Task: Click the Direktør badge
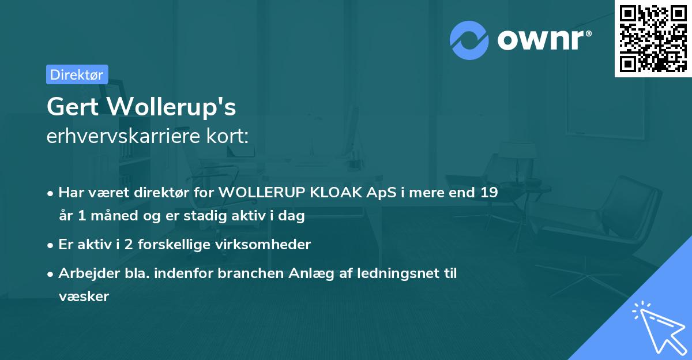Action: tap(77, 74)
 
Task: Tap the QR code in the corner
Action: tap(653, 38)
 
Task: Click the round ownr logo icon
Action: tap(469, 40)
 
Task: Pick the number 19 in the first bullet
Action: tap(490, 193)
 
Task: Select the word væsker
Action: tap(84, 297)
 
